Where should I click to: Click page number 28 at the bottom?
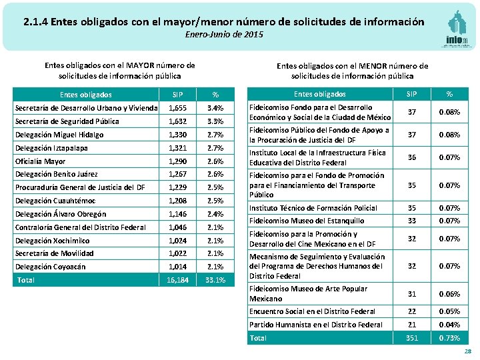tap(467, 351)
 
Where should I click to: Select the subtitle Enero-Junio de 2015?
tap(219, 34)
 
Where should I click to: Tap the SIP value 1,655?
tap(177, 108)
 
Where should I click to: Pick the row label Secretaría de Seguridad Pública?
tap(67, 121)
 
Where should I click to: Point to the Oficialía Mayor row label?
tap(40, 161)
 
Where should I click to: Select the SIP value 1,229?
tap(177, 187)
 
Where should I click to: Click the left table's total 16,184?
tap(177, 280)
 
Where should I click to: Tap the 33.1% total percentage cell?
tap(215, 280)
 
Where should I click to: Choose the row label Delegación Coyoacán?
tap(50, 267)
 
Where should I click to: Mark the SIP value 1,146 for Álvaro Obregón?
tap(177, 214)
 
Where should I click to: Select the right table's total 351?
tap(412, 338)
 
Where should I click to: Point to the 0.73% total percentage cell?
tap(449, 338)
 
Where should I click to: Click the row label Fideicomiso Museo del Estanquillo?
tap(307, 221)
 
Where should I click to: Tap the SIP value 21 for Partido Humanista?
tap(412, 325)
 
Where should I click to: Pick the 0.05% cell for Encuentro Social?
tap(449, 311)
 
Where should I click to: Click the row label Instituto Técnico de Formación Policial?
tap(313, 208)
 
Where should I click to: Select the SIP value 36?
tap(412, 157)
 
